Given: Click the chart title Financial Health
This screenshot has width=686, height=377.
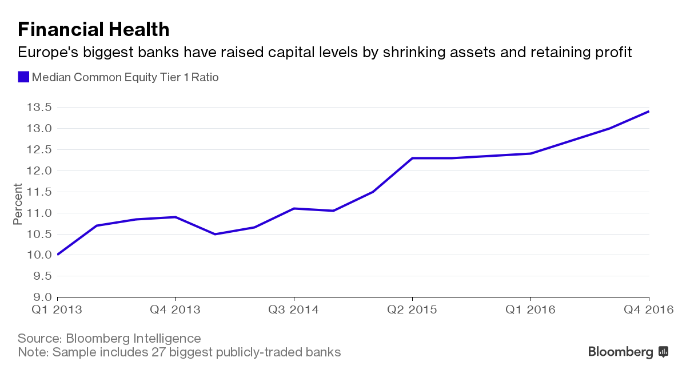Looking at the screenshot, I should point(94,29).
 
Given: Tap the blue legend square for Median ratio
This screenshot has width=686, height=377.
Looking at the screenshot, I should point(23,77).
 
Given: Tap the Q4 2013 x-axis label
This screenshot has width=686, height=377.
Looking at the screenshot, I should point(176,310).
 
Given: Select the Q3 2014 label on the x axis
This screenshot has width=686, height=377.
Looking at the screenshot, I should point(294,310).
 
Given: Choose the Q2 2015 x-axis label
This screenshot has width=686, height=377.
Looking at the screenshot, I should point(412,310).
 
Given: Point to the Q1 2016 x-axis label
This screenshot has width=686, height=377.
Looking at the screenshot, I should point(531,310).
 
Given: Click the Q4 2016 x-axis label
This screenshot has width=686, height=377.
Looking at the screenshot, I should point(649,310).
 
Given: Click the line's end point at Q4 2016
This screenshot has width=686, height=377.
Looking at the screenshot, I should point(649,112).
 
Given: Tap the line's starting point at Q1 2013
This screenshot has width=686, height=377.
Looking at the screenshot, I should point(58,255).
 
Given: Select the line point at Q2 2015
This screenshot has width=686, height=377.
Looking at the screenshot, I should point(412,158).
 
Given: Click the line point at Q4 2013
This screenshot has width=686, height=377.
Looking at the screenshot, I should point(176,217).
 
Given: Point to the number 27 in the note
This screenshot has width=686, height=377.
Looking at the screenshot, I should point(159,352).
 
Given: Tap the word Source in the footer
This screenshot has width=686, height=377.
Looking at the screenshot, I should point(37,338).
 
